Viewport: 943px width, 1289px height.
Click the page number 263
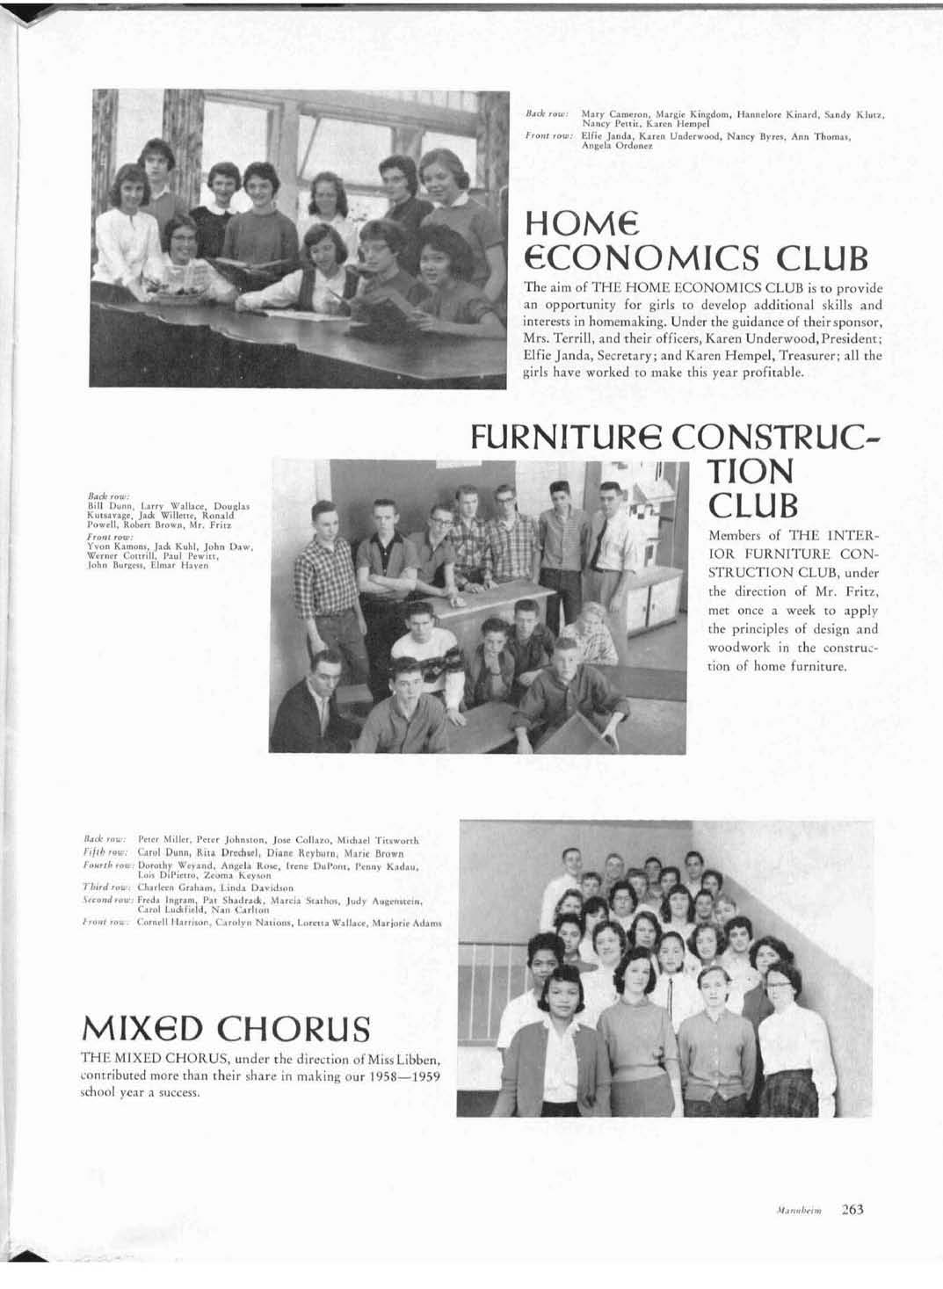852,1209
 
